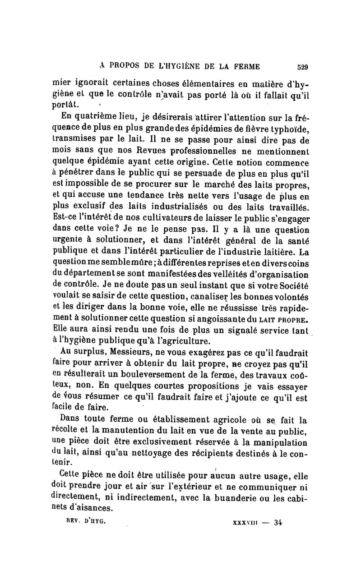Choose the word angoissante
point(217,320)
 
